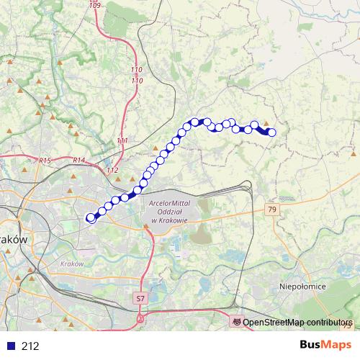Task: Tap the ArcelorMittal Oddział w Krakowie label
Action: [169, 212]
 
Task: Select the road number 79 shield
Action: [271, 210]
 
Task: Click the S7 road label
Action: [140, 297]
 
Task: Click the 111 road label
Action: [122, 140]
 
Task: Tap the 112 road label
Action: [112, 170]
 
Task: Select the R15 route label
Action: [46, 161]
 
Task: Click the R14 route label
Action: [79, 160]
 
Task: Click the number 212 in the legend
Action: [30, 346]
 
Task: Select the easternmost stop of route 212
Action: [271, 132]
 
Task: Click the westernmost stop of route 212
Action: [91, 217]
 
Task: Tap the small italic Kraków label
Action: [74, 264]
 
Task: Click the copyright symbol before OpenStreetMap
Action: [237, 323]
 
